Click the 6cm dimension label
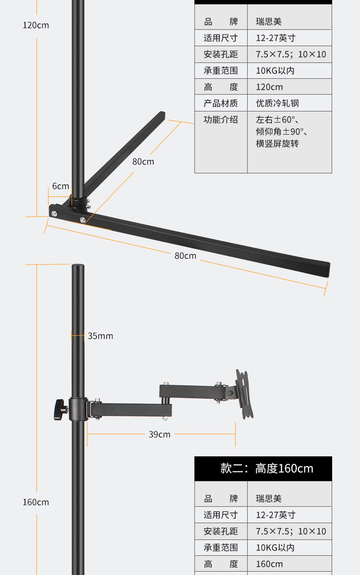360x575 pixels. pos(60,186)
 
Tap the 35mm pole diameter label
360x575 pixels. pos(100,336)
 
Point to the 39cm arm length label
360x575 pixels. pos(159,434)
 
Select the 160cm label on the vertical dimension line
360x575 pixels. pos(36,502)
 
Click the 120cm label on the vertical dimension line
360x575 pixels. pos(36,25)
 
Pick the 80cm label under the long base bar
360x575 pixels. pos(185,256)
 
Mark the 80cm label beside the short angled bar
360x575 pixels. pos(143,161)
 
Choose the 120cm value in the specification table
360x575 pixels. pos(269,87)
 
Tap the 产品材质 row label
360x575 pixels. pos(221,103)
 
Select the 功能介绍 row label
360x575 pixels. pos(221,120)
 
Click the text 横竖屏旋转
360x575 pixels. pos(277,144)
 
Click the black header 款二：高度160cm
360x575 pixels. pos(263,468)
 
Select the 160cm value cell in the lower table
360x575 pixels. pos(269,564)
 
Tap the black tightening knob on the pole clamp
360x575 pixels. pos(60,409)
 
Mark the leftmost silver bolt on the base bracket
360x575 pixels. pos(54,213)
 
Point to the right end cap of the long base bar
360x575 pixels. pos(327,269)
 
